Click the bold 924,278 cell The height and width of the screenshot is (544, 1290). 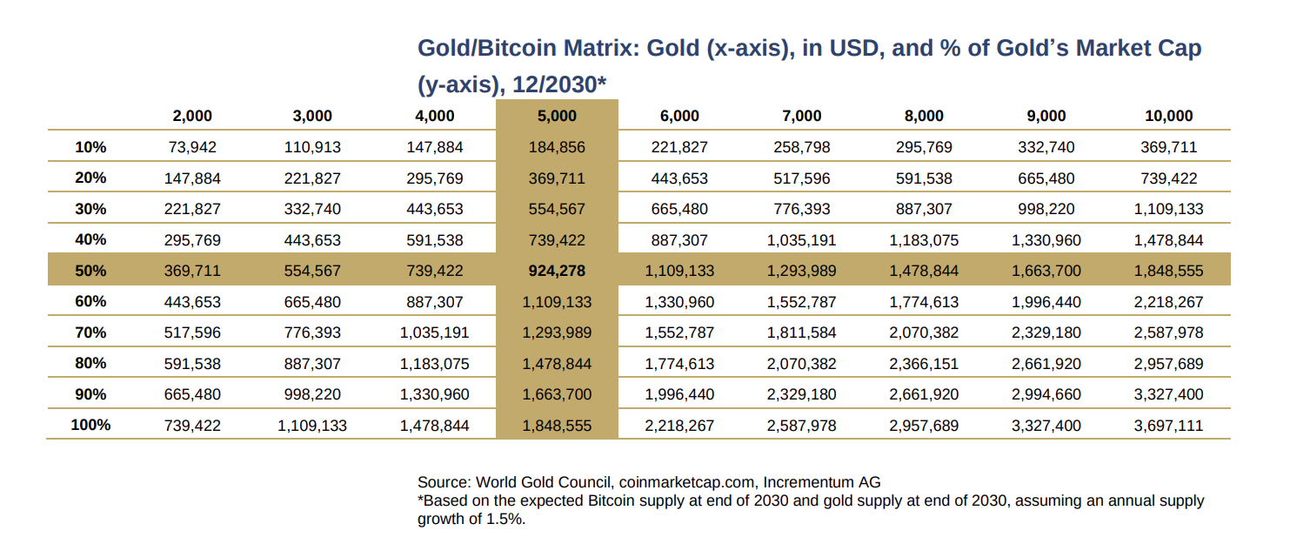coord(557,271)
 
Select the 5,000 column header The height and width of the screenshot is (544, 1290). coord(557,116)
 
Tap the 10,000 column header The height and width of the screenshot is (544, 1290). coord(1168,116)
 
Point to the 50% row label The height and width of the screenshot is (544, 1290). coord(90,271)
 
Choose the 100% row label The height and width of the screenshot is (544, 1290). coord(90,425)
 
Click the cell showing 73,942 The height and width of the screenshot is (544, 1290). coord(192,147)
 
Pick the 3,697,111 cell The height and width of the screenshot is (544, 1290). coord(1168,425)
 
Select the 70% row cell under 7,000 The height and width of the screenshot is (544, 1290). coord(801,332)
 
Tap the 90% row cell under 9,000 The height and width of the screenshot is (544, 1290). coord(1046,394)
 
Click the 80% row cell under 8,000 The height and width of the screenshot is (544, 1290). coord(924,363)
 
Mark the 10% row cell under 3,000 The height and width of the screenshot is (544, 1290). coord(312,147)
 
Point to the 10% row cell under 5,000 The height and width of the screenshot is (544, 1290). coord(557,147)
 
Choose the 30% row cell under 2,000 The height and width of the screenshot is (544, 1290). coord(192,209)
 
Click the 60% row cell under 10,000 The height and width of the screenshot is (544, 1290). coord(1168,301)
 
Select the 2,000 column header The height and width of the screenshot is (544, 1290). coord(192,116)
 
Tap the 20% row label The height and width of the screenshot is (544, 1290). coord(90,178)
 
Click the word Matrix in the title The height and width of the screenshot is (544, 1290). coord(596,48)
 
